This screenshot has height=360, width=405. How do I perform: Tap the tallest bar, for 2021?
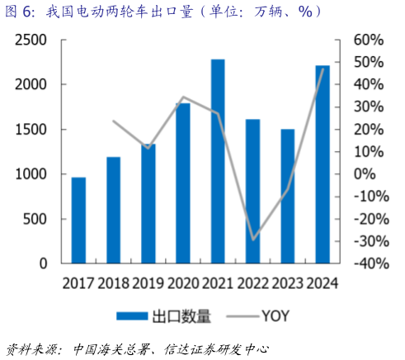point(218,161)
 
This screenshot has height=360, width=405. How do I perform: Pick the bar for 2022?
point(252,191)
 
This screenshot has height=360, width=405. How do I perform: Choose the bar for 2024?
point(323,163)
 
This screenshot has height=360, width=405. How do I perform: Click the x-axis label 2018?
point(113,283)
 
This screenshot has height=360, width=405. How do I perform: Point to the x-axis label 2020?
point(183,283)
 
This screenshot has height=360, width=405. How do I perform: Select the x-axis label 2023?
point(287,283)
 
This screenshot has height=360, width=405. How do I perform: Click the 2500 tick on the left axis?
point(35,40)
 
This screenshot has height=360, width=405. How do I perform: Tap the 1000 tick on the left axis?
point(35,174)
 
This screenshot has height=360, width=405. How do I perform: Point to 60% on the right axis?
point(368,40)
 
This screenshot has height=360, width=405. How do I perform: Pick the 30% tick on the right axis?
point(368,107)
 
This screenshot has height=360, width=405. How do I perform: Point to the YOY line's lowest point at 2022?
point(253,239)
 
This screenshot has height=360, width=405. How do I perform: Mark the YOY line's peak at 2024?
point(323,69)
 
